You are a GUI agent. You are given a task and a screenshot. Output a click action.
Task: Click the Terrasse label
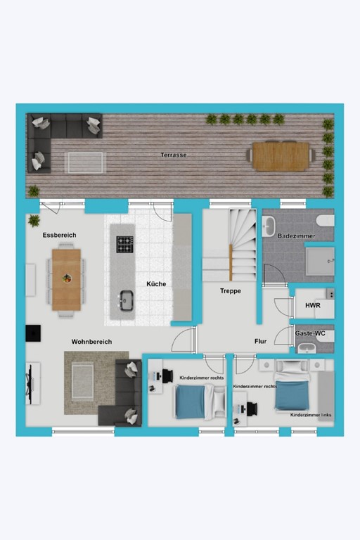[174, 155]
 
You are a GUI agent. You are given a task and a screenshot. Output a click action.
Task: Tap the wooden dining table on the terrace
[281, 156]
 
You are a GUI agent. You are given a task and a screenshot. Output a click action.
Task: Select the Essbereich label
[59, 235]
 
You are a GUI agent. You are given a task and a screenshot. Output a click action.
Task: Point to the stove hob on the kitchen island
[125, 244]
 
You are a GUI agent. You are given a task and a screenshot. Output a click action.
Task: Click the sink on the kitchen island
[127, 300]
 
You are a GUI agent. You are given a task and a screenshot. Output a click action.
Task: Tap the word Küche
[156, 284]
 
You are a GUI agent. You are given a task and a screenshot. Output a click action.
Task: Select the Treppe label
[231, 290]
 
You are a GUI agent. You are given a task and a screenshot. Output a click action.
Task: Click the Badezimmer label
[295, 236]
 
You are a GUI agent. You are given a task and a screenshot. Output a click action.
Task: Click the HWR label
[312, 306]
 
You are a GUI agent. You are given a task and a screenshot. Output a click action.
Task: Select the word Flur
[260, 342]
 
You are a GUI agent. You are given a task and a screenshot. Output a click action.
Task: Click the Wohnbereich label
[91, 342]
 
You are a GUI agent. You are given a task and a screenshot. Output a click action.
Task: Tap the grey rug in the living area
[88, 382]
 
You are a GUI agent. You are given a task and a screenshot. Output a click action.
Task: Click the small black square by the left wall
[32, 333]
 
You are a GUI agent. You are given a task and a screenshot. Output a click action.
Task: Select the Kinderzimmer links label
[311, 416]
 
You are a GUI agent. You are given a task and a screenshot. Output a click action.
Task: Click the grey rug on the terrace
[84, 162]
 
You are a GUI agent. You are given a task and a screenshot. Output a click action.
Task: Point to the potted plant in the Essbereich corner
[34, 221]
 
